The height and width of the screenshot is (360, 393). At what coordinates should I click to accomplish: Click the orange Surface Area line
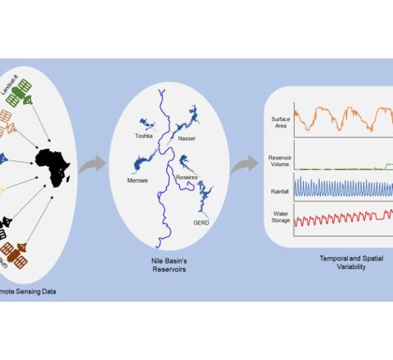point(341,118)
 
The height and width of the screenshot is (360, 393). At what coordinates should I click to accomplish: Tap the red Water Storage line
point(341,219)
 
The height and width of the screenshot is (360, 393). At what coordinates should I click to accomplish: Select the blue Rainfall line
point(341,187)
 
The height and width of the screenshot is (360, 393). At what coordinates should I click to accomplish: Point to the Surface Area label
point(280,122)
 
